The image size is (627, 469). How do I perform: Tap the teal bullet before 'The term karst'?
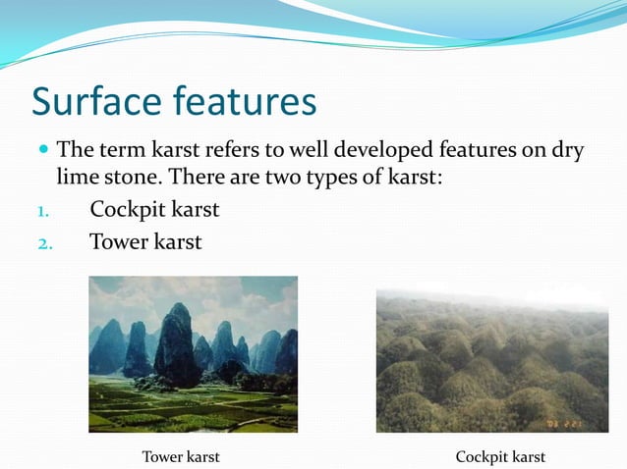[42, 152]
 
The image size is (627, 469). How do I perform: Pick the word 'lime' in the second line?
[76, 180]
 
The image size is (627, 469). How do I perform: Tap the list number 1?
[43, 212]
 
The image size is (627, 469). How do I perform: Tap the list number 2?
[44, 243]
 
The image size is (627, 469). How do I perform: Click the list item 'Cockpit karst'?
[154, 210]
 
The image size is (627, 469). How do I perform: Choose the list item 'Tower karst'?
[145, 241]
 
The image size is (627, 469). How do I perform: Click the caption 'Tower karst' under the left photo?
[181, 456]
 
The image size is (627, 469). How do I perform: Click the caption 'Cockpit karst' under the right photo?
[500, 456]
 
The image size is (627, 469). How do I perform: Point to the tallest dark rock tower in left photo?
[177, 343]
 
